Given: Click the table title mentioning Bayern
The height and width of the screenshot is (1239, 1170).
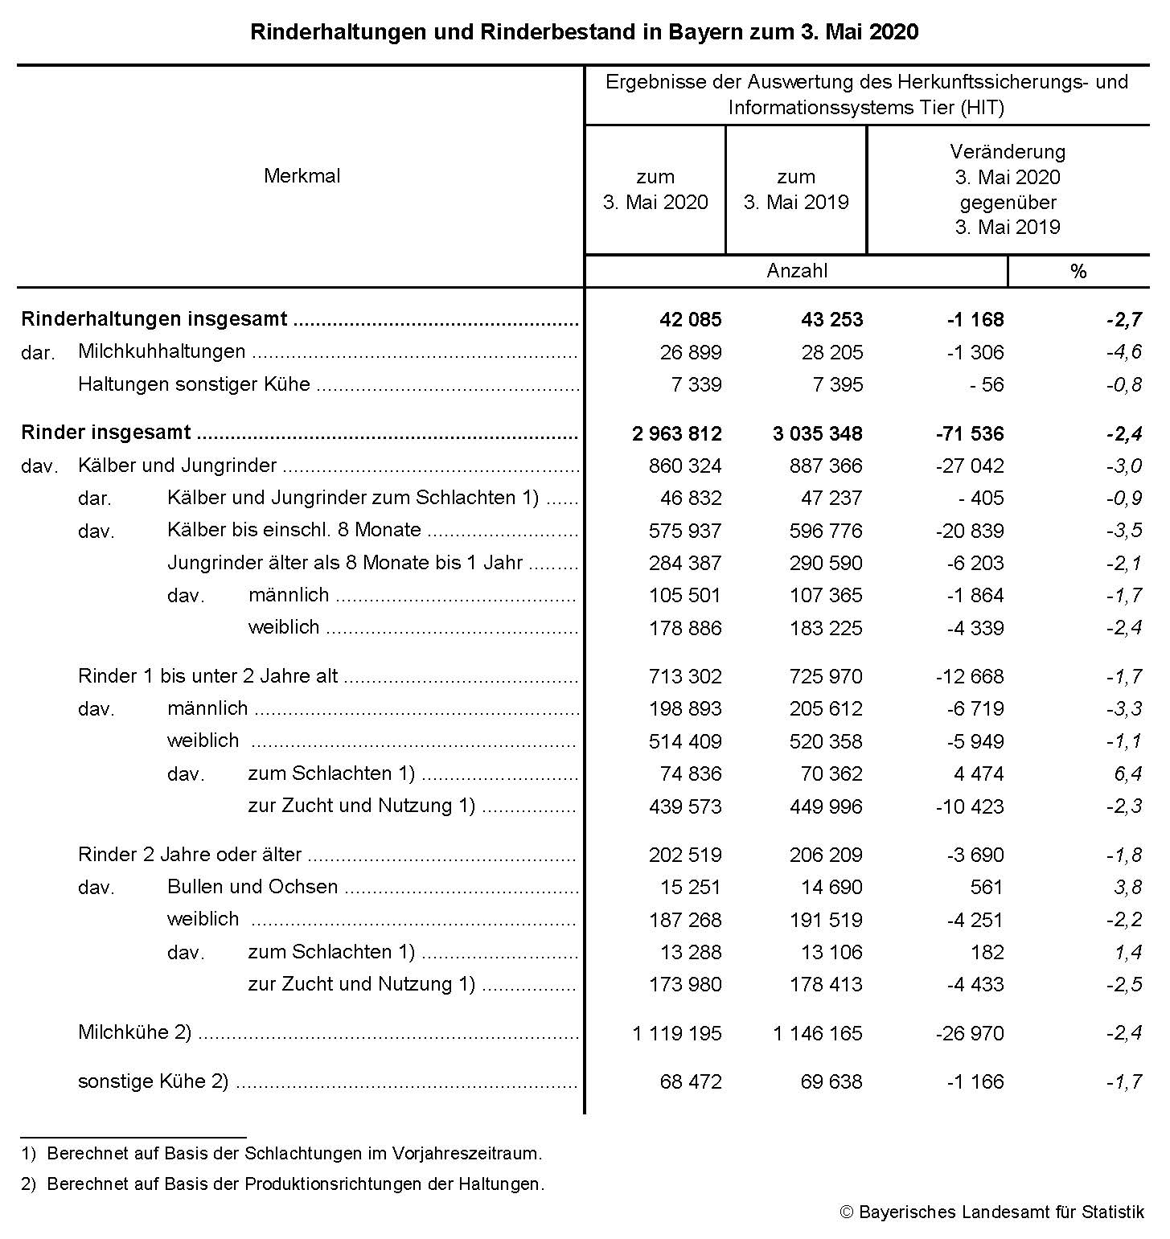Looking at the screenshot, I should click(x=585, y=32).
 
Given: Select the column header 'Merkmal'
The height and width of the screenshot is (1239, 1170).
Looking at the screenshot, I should click(x=302, y=176).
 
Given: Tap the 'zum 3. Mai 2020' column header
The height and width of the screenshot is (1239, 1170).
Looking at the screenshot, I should click(x=655, y=190).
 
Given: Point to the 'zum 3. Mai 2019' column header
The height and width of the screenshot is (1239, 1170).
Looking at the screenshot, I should click(x=796, y=190).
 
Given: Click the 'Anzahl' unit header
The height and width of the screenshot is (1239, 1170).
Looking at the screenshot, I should click(x=796, y=271).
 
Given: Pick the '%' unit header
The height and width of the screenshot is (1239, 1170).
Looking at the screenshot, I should click(x=1078, y=272).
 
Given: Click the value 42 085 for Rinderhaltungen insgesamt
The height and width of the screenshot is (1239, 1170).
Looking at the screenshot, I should click(x=690, y=320).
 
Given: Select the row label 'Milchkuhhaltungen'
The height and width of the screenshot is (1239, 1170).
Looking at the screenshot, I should click(x=162, y=351).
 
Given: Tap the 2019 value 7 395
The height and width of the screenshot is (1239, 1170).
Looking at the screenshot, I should click(x=837, y=385).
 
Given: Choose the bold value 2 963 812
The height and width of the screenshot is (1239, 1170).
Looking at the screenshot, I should click(x=677, y=434).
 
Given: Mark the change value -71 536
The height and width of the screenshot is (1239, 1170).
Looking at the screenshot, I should click(x=969, y=434).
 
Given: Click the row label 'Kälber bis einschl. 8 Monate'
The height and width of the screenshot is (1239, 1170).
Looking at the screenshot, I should click(x=294, y=530).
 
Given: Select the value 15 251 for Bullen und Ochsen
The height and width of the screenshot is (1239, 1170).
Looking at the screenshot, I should click(x=690, y=888).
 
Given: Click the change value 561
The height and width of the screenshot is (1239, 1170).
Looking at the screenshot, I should click(x=987, y=888).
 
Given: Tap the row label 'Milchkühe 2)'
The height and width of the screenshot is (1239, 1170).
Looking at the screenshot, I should click(x=134, y=1032).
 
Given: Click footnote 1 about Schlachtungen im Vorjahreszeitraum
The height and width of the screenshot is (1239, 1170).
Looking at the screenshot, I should click(x=282, y=1154).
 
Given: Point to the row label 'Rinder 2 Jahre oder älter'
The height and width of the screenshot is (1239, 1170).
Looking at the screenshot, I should click(x=190, y=855).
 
